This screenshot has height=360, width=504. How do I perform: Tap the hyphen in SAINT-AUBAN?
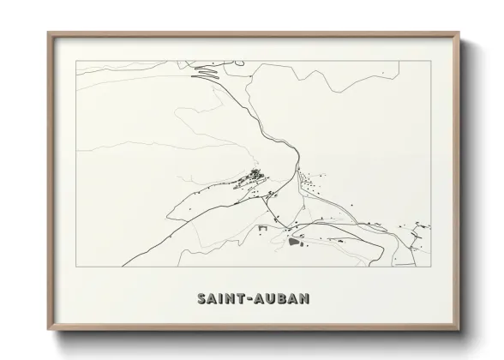249,299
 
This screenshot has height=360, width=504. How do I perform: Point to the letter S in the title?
201,299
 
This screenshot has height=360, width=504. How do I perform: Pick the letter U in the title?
269,299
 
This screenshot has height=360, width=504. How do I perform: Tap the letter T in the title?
241,299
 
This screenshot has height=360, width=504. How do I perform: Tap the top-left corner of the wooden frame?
48,33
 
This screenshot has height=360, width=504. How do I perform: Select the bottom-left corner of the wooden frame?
48,331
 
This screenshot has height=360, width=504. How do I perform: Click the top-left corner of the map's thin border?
76,61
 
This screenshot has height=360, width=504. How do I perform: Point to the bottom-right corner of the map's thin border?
431,266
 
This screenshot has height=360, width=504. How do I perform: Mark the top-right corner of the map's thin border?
431,61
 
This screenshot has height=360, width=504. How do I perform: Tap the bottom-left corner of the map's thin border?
76,266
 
